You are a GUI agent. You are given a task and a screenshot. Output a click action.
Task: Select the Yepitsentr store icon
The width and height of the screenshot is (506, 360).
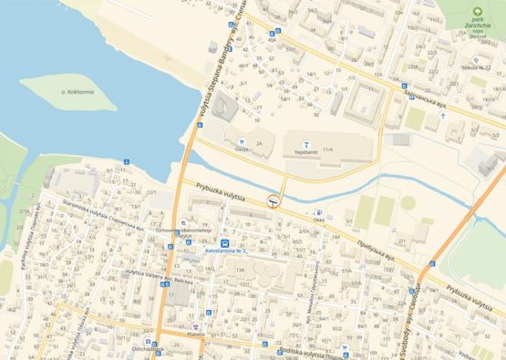(x=307, y=143)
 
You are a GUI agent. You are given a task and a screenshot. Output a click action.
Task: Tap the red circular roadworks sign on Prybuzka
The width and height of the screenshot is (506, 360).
(x=273, y=201)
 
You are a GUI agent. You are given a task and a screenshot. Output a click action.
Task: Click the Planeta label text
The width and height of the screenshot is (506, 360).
(x=195, y=334)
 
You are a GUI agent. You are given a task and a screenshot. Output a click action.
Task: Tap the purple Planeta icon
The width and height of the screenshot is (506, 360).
(x=195, y=324)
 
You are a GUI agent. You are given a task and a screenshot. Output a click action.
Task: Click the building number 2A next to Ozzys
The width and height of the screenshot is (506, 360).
(x=261, y=144)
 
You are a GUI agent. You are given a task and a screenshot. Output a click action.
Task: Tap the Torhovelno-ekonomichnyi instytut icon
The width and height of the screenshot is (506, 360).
(x=184, y=221)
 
